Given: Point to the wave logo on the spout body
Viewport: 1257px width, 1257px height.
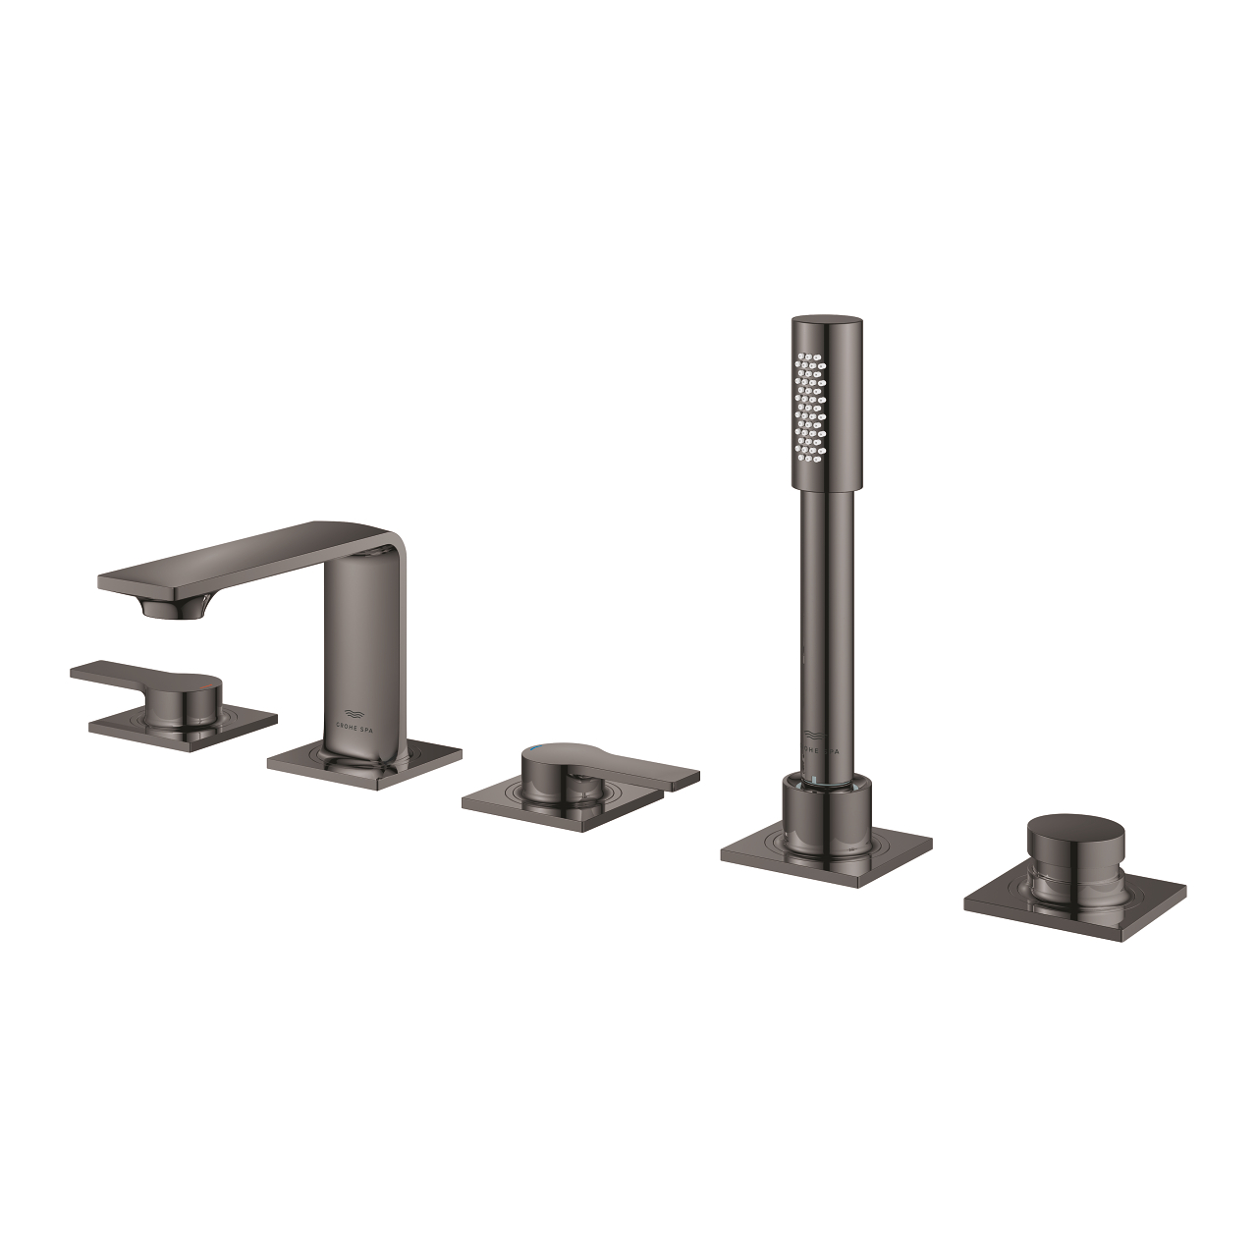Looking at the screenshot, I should [359, 711].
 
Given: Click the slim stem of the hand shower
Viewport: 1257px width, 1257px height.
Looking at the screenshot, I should [825, 628].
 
